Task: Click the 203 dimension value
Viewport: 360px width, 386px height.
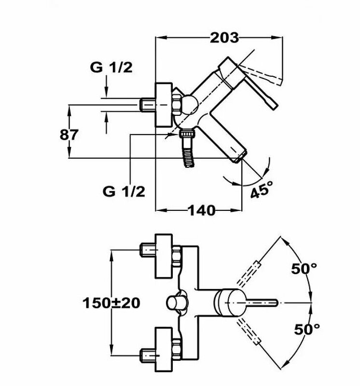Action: click(224, 37)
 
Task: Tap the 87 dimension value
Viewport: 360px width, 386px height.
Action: click(69, 135)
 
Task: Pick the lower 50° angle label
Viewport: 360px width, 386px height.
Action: click(307, 330)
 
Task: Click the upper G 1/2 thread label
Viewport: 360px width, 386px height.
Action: click(111, 68)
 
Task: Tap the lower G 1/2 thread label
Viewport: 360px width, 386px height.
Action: click(124, 191)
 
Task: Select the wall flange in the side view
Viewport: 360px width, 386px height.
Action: click(164, 105)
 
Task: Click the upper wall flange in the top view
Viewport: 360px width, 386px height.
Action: click(164, 256)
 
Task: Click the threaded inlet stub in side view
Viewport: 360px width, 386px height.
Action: click(147, 104)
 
